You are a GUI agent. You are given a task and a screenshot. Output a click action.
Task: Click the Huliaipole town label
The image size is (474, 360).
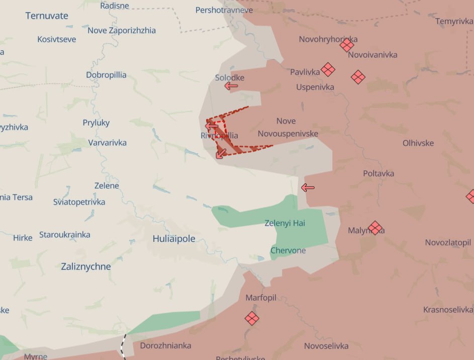[174, 239]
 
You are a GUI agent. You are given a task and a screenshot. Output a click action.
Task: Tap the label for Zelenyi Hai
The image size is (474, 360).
[285, 223]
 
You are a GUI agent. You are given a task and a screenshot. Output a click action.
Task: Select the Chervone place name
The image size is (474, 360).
[288, 250]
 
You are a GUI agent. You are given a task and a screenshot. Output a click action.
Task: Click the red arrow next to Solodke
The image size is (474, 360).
[231, 86]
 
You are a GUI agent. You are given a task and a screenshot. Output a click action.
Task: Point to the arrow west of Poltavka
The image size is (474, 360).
[308, 188]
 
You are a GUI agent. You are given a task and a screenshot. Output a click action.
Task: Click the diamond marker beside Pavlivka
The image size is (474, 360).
[328, 69]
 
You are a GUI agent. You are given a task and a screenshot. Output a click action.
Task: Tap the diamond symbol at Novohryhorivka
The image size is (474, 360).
[347, 46]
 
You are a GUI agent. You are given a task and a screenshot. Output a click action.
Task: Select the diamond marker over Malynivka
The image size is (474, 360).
[375, 228]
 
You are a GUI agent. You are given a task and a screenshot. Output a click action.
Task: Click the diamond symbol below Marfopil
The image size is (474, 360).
[252, 318]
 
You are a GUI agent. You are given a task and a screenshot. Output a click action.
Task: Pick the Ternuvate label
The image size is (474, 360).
[47, 16]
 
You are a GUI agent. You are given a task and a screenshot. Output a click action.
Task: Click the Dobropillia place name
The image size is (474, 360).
[106, 75]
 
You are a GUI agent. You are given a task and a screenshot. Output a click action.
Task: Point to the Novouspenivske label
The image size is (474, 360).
[288, 134]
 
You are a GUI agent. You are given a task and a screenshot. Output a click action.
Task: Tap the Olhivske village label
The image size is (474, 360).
[418, 143]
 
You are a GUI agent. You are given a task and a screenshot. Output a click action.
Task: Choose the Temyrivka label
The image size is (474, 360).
[454, 21]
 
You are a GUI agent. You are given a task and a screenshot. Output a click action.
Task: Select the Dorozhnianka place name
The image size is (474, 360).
[165, 345]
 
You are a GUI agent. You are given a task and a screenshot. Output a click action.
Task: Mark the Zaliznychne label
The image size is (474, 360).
[86, 266]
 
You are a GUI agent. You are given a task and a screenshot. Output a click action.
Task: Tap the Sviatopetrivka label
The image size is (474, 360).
[79, 202]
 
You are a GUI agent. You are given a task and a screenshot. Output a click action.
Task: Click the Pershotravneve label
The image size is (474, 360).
[224, 10]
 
